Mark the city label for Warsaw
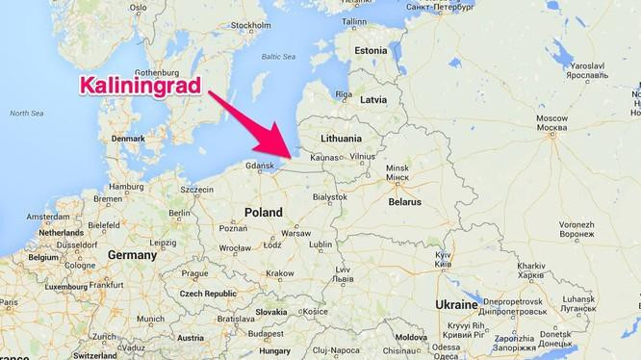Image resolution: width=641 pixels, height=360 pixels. (x=295, y=233)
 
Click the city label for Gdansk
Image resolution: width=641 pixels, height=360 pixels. (x=261, y=166)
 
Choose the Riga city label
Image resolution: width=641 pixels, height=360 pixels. (x=344, y=94)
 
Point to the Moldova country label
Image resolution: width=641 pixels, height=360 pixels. (x=412, y=339)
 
